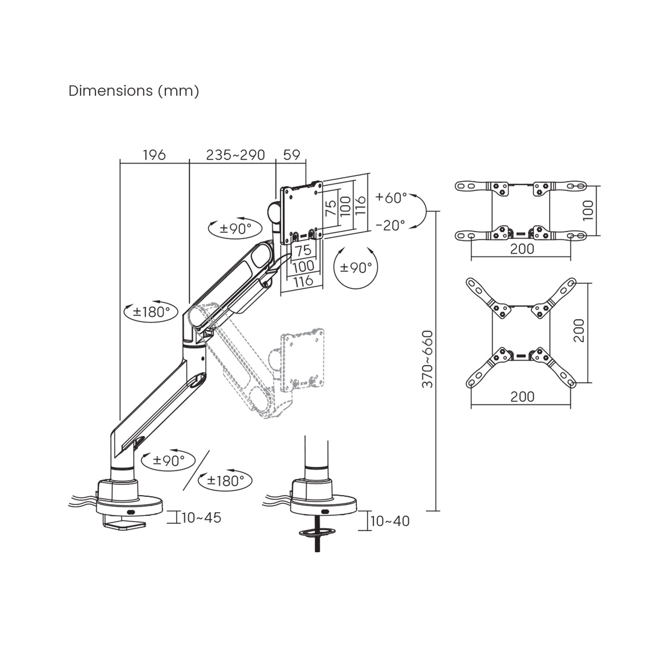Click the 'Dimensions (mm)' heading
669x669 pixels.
click(134, 91)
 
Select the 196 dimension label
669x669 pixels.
click(155, 155)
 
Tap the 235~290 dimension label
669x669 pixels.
click(235, 155)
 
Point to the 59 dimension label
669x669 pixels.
click(292, 155)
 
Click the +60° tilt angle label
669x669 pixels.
click(391, 198)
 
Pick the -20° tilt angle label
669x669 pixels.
click(390, 225)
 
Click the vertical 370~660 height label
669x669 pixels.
click(428, 359)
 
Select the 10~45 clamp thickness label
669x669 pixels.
click(201, 518)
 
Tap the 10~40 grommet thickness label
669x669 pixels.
click(390, 521)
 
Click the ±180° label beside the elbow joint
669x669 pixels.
click(151, 312)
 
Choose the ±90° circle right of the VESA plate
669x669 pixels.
click(356, 268)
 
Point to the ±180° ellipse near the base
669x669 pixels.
click(225, 481)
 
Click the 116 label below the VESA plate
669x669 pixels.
click(303, 281)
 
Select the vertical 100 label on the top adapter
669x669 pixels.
click(588, 210)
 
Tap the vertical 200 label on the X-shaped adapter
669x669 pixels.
click(579, 331)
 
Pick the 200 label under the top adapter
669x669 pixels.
click(522, 249)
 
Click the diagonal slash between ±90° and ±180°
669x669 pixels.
click(196, 470)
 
